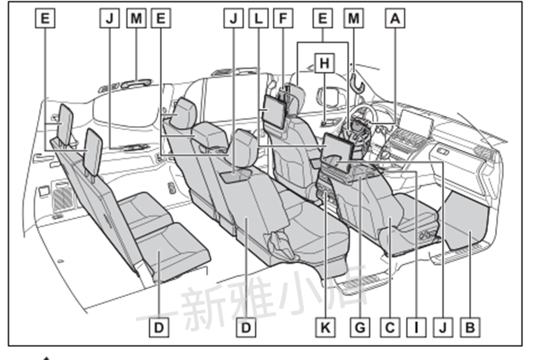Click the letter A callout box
click(394, 19)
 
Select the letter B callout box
click(470, 327)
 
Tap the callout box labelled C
click(390, 327)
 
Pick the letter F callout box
click(283, 19)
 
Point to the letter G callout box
click(361, 327)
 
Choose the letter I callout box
click(416, 327)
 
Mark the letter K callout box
click(325, 327)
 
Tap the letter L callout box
click(258, 19)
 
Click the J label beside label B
click(443, 327)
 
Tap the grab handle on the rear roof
click(135, 82)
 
